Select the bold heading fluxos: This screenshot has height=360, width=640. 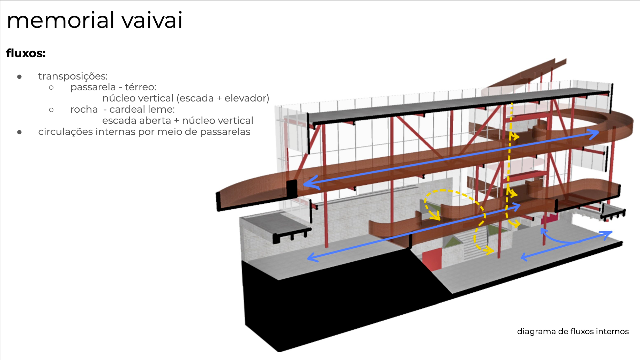pos(26,53)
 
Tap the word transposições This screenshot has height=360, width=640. pos(73,76)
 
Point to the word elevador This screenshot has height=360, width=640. pos(247,98)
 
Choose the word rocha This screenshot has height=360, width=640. pos(84,110)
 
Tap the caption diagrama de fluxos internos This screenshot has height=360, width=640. pos(573,331)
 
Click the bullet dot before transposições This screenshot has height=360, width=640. pos(20,77)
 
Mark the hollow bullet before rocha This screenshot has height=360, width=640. pos(51,110)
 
